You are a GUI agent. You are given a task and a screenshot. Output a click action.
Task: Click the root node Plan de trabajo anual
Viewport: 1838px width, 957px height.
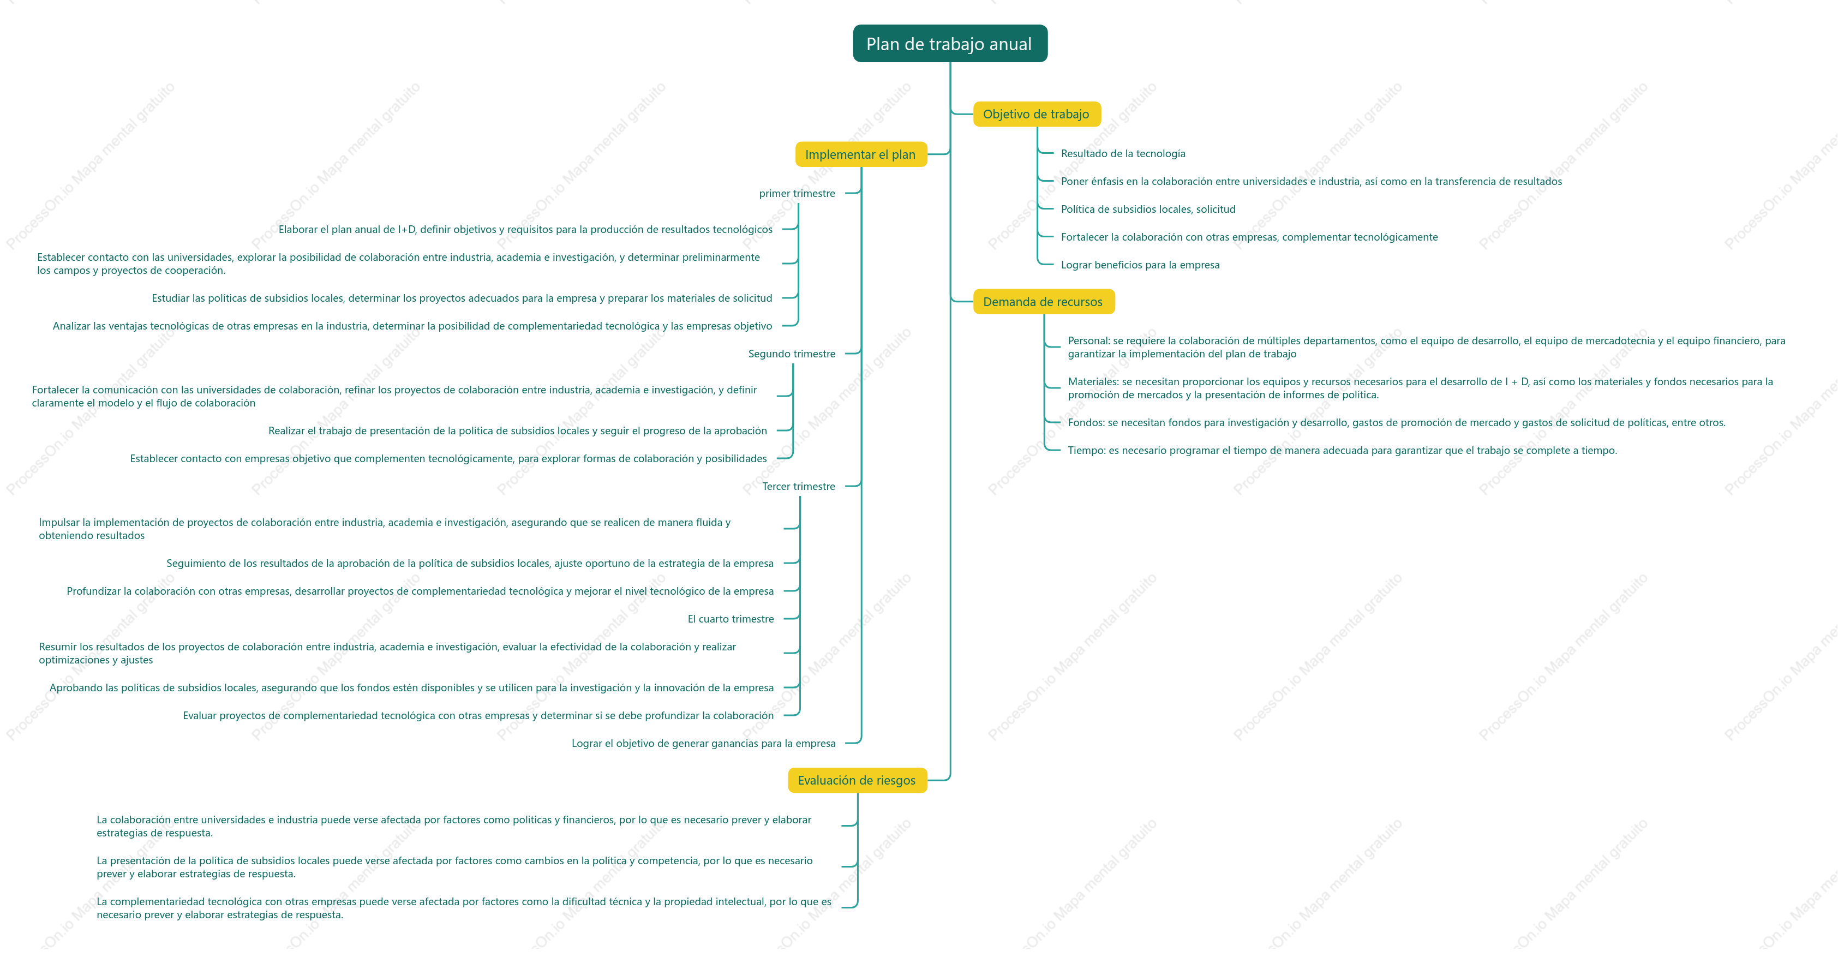[x=950, y=44]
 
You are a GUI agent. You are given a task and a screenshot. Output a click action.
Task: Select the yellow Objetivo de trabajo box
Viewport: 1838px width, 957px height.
[x=1037, y=114]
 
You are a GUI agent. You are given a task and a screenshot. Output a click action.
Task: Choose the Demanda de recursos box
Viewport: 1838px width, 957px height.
[x=1043, y=302]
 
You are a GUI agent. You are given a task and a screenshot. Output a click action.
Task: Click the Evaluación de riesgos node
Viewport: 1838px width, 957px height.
[x=857, y=780]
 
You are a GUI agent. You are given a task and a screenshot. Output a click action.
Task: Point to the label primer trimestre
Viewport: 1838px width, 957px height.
[x=797, y=193]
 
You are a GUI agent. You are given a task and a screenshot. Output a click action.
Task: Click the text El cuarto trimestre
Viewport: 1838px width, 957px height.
[x=731, y=619]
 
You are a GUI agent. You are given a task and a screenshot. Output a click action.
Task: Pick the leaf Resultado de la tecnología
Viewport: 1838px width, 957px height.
[x=1123, y=153]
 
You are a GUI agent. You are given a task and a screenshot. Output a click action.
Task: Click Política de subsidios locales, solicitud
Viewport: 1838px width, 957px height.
[x=1148, y=209]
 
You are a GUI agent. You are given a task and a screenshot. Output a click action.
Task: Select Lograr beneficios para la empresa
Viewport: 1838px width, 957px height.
[x=1140, y=265]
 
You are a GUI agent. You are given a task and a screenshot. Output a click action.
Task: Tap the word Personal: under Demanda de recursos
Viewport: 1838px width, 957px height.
[x=1089, y=341]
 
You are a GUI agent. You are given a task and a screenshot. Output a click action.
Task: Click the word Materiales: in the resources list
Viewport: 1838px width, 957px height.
[x=1093, y=382]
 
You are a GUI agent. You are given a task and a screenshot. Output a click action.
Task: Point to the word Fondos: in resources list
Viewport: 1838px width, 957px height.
[x=1086, y=422]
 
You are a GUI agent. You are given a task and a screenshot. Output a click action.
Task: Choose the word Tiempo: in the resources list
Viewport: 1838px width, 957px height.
[x=1087, y=450]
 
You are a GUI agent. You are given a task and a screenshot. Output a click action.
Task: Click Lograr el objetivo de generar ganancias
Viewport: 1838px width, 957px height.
[x=704, y=744]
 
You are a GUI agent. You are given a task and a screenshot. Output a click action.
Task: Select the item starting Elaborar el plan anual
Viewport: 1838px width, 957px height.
[x=525, y=230]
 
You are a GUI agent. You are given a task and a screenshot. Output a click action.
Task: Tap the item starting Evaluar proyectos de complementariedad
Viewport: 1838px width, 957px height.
[x=478, y=716]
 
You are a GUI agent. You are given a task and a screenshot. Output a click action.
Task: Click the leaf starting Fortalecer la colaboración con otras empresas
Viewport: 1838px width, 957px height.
[x=1249, y=237]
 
